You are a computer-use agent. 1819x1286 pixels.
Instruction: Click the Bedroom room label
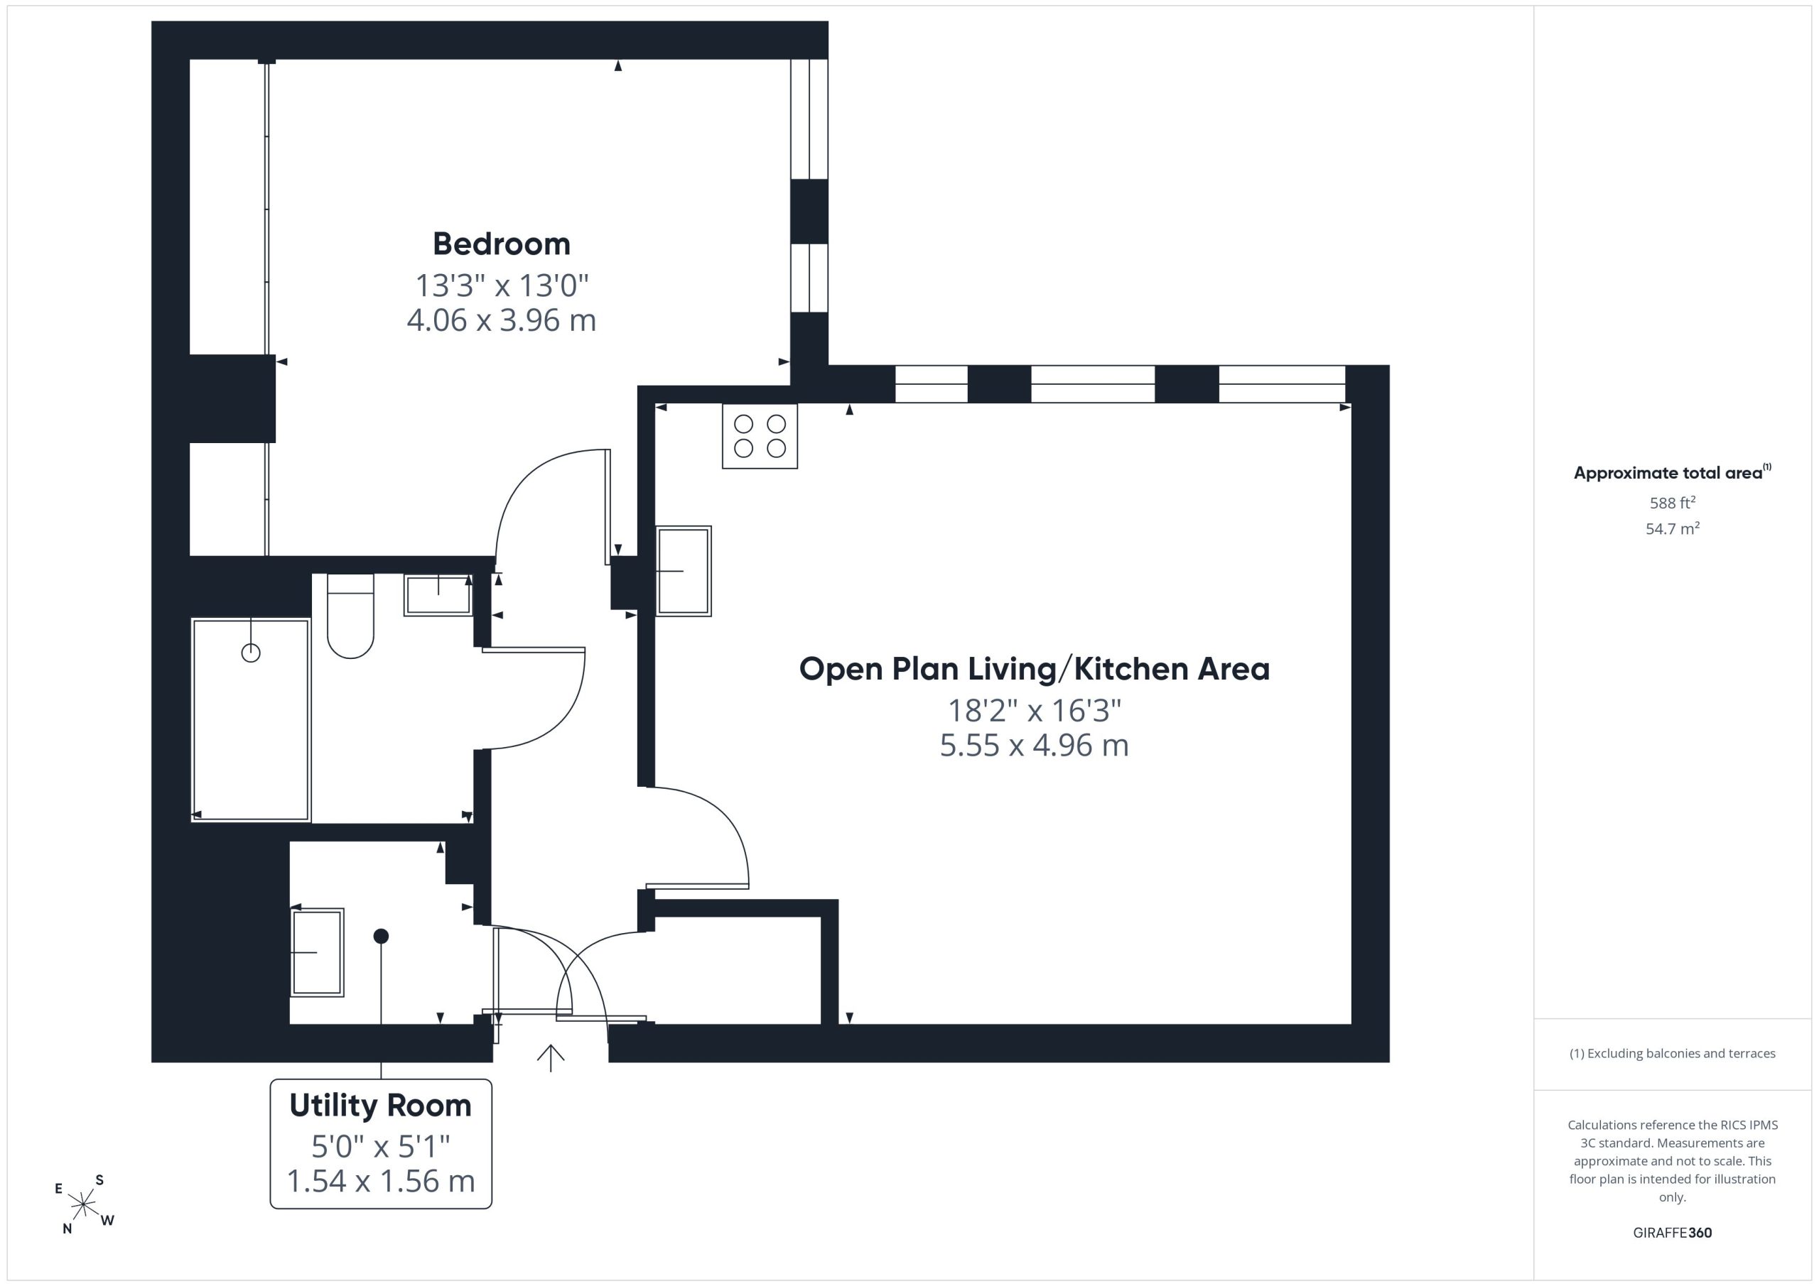tap(502, 244)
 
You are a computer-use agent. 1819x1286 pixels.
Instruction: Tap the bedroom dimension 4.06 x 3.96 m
tap(502, 320)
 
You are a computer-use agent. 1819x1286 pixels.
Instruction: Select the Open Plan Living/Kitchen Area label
tap(1034, 669)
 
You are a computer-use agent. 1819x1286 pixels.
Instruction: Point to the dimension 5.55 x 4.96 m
tap(1034, 745)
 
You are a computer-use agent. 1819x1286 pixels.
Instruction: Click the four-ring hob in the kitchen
tap(760, 436)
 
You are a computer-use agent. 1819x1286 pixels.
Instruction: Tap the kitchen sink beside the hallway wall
tap(684, 571)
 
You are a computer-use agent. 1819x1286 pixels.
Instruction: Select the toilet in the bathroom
tap(350, 616)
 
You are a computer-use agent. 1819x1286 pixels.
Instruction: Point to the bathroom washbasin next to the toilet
tap(438, 594)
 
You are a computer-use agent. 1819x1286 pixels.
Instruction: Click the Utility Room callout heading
tap(380, 1106)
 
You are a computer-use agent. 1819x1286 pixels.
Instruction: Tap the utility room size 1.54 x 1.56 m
tap(380, 1182)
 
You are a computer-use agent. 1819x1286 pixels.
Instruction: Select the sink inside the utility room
tap(318, 952)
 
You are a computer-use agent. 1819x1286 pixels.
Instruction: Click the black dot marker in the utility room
tap(381, 936)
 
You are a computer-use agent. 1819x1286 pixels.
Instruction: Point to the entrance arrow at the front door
tap(551, 1058)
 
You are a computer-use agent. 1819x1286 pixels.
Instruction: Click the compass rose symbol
tap(83, 1204)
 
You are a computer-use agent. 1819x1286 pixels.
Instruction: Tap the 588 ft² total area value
tap(1673, 503)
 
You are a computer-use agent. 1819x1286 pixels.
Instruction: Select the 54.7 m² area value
tap(1673, 528)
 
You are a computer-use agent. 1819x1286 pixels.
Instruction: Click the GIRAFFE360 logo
tap(1673, 1233)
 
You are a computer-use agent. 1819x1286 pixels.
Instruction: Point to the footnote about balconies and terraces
tap(1673, 1053)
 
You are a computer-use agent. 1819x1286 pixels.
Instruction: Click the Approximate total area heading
tap(1673, 473)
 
